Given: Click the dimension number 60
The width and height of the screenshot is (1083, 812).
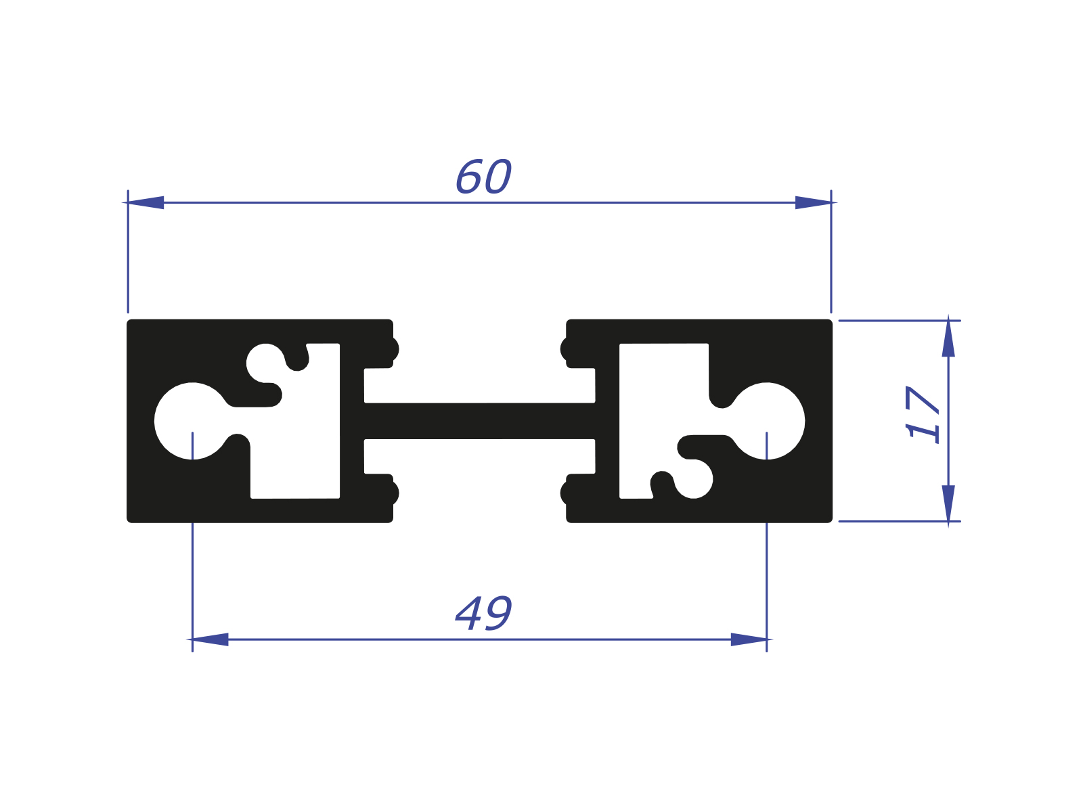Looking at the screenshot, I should click(483, 177).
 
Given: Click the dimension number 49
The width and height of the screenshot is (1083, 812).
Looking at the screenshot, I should click(483, 614).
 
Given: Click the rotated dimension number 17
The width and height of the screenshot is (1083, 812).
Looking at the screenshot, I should click(923, 413).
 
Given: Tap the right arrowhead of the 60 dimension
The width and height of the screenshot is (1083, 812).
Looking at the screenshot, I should click(814, 202).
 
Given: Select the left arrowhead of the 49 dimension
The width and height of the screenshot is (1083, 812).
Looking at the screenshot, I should click(209, 639).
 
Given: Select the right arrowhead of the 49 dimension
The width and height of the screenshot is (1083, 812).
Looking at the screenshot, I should click(749, 639).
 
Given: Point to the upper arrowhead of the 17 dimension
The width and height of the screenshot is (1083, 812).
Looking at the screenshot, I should click(948, 338).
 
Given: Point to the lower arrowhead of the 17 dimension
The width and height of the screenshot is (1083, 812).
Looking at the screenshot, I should click(948, 503).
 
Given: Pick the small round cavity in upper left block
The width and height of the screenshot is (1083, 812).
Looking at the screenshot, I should click(265, 363).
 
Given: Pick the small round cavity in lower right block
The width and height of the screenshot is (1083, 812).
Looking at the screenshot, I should click(694, 479).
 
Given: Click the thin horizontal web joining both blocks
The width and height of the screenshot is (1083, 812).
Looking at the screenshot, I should click(479, 421).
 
